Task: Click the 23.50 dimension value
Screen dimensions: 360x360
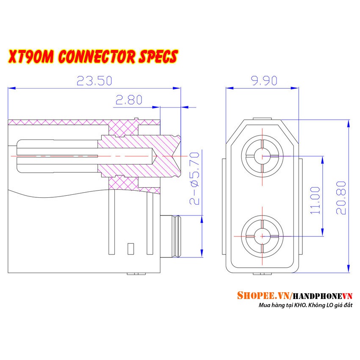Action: [94, 80]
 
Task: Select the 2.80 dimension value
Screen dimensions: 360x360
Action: [129, 100]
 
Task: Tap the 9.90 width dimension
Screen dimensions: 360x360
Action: [264, 80]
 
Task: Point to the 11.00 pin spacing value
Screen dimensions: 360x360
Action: [315, 200]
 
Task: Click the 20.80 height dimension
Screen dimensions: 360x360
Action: [341, 198]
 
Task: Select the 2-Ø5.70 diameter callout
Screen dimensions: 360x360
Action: [194, 178]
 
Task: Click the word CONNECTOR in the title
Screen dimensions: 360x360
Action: [97, 57]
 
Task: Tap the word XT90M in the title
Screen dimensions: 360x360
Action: [31, 57]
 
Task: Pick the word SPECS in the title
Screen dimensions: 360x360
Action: [158, 57]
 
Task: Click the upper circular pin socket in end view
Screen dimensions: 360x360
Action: [262, 156]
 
